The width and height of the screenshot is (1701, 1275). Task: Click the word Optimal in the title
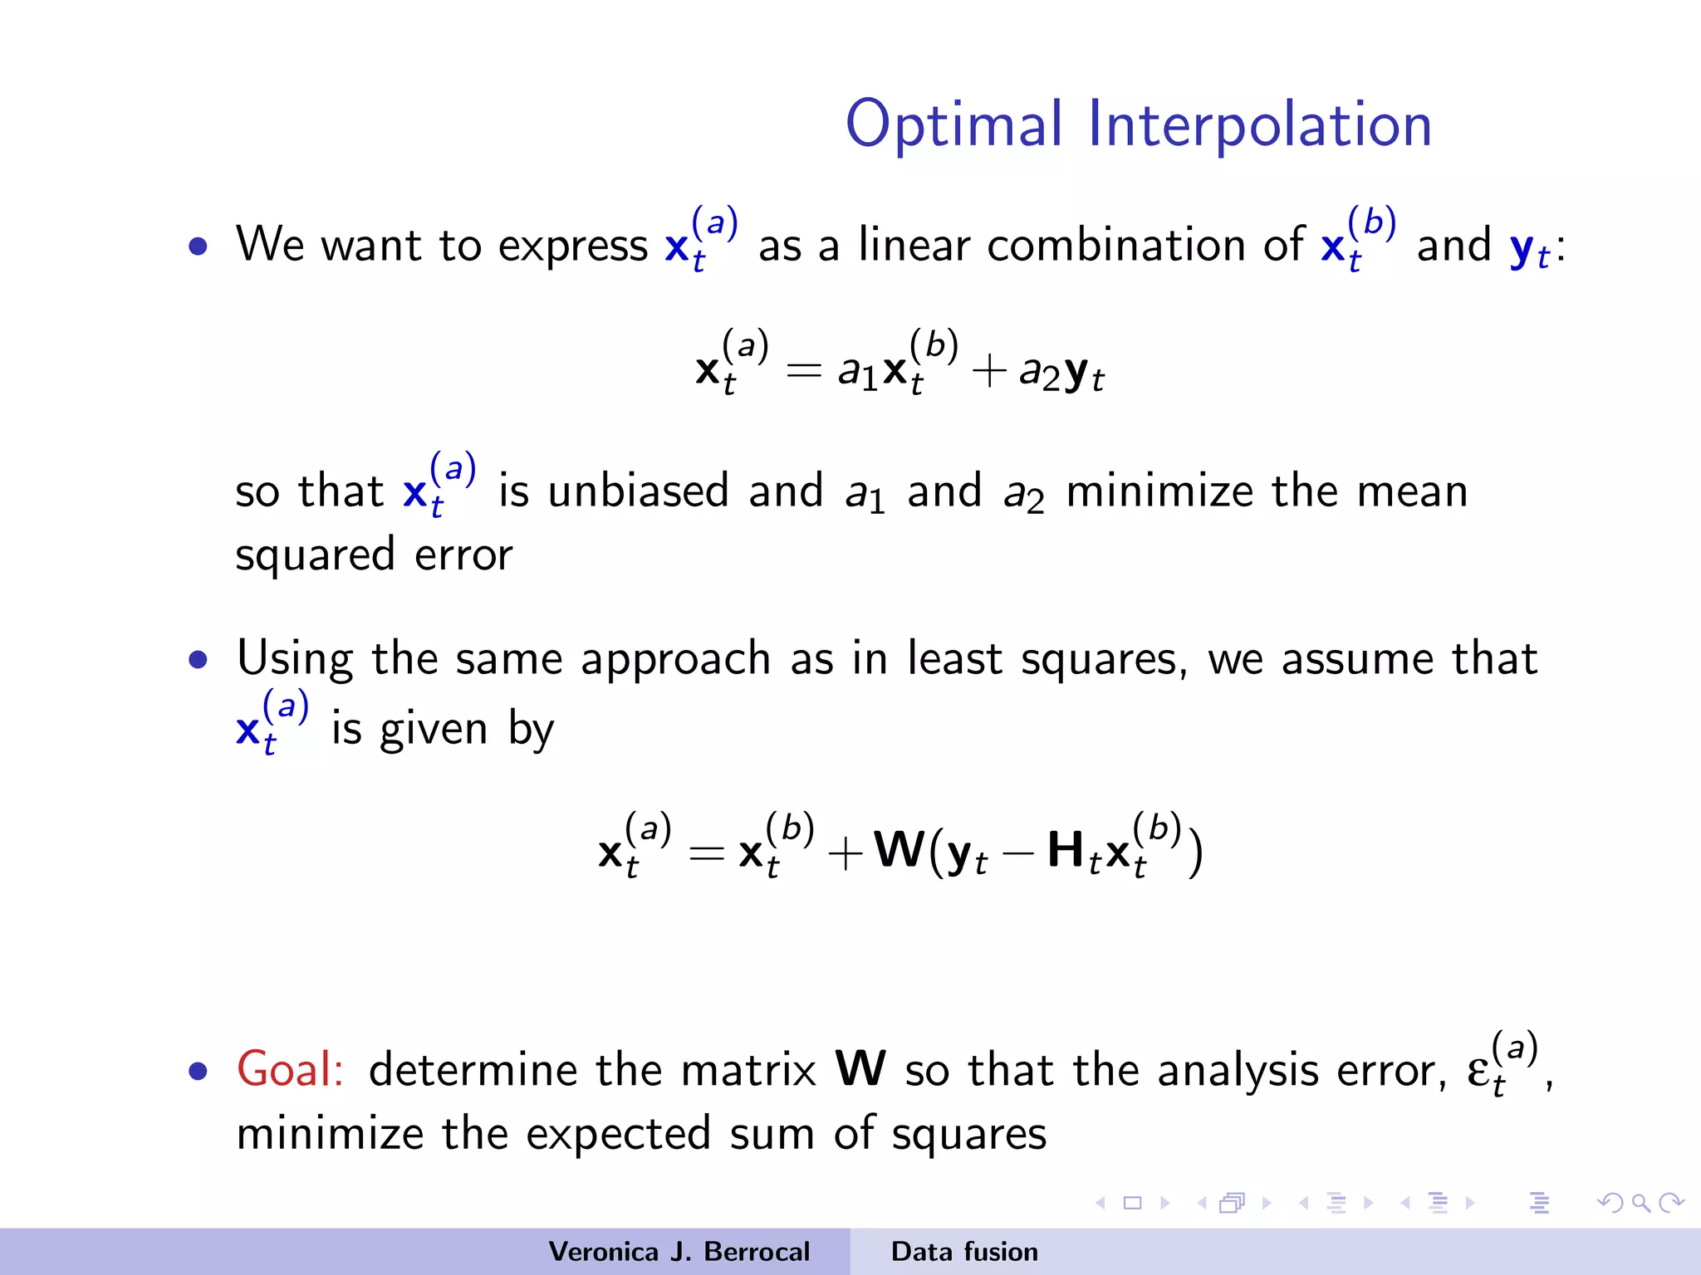tap(953, 125)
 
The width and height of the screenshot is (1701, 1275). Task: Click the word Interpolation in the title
tap(1260, 125)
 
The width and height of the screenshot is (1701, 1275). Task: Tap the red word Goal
tap(289, 1069)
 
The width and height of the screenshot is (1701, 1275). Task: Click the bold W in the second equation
tap(900, 850)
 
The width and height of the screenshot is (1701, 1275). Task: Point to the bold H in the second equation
tap(1065, 850)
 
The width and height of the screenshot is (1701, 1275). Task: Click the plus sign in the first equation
tap(988, 370)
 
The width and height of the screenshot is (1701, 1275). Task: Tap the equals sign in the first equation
tap(803, 370)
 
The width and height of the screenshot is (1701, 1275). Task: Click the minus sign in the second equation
tap(1017, 853)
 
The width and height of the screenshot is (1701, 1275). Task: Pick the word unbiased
tap(638, 491)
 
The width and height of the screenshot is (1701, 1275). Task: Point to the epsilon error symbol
tap(1479, 1071)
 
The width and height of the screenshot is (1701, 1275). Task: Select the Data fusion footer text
tap(964, 1252)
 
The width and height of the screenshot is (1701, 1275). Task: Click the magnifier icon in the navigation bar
tap(1640, 1203)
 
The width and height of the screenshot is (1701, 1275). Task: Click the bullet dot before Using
tap(198, 660)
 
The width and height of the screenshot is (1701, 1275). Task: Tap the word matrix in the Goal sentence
tap(748, 1070)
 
